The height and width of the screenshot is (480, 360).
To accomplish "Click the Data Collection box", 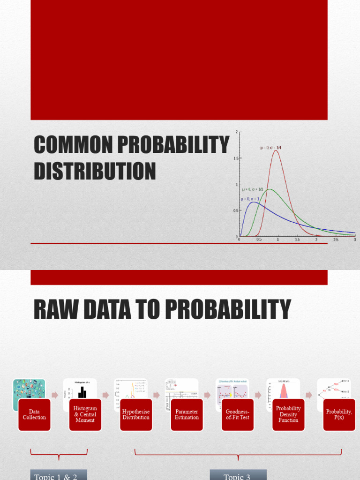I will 34,415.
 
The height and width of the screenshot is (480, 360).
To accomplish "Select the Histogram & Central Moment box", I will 85,415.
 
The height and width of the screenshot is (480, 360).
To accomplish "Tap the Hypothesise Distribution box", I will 136,415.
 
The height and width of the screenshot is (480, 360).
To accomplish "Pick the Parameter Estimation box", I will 187,415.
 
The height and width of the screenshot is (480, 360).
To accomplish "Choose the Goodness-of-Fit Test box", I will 238,415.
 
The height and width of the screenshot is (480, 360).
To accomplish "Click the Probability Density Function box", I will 288,415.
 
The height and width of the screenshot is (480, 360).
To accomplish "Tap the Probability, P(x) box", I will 339,415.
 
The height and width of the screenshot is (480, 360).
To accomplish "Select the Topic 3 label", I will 238,476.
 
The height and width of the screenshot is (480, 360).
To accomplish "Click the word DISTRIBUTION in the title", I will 95,171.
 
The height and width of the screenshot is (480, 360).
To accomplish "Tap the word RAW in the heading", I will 56,310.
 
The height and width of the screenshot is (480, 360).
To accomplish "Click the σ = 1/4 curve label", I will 271,148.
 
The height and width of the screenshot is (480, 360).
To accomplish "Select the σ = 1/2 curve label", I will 253,189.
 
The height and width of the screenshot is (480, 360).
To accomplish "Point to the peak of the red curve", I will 276,150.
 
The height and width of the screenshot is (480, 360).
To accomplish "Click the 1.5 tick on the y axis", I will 236,158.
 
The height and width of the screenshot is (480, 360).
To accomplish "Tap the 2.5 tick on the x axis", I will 336,240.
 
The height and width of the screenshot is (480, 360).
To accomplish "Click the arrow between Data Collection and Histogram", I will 55,395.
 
